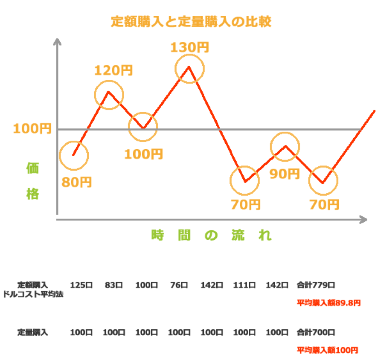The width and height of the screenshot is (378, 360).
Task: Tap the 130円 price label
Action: tap(189, 47)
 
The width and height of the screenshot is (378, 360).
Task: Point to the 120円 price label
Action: tap(113, 70)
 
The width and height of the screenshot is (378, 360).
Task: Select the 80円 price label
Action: tap(77, 182)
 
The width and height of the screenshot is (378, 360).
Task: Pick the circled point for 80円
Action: tap(74, 156)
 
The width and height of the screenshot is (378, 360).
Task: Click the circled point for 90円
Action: tap(285, 147)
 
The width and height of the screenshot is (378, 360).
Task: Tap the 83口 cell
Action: tap(113, 285)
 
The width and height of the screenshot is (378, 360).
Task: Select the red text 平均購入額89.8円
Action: tap(329, 303)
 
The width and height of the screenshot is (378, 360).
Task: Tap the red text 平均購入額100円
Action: tap(327, 350)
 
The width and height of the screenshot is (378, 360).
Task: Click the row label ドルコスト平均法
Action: tap(33, 294)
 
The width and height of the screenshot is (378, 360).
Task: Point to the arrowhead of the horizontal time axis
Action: tap(363, 220)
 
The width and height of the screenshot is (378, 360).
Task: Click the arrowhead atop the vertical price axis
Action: tap(57, 42)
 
